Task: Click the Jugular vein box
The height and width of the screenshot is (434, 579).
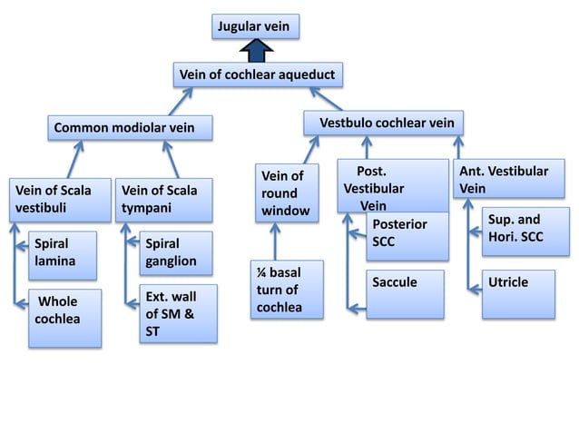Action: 255,26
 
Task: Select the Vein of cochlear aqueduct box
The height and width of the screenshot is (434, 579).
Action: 258,74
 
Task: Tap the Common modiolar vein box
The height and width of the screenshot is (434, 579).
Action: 131,128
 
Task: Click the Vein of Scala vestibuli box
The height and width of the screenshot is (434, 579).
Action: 56,200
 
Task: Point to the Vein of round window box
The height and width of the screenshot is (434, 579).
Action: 286,192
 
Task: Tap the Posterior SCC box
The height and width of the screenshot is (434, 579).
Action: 407,235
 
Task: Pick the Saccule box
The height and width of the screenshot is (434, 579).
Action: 406,293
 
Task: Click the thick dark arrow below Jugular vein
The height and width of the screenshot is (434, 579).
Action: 256,51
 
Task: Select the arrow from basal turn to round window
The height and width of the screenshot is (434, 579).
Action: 276,242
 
